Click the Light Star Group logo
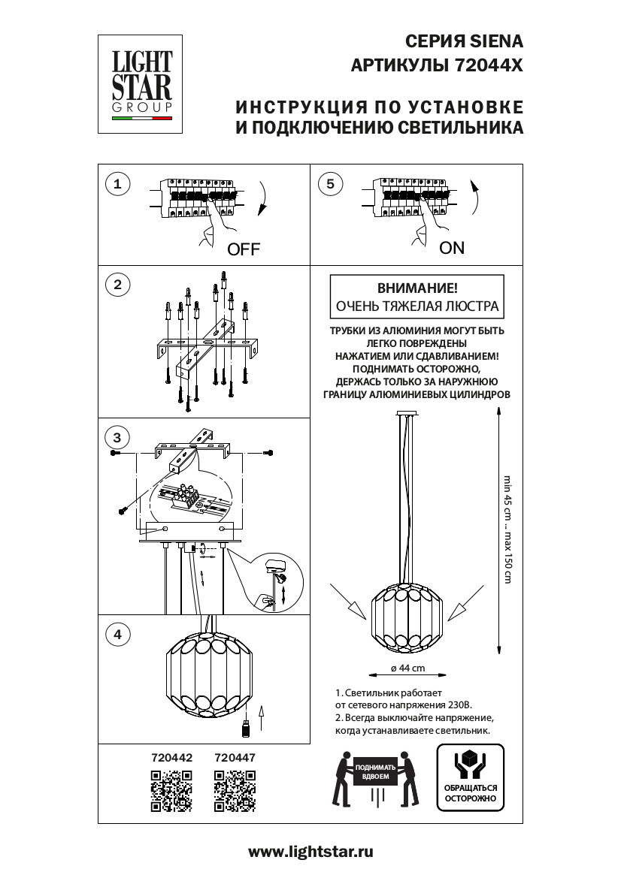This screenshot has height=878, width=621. coord(143,85)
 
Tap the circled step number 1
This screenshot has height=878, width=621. coord(117,184)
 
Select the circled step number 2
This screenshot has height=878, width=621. coord(117,285)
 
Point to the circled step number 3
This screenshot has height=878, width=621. coord(117,437)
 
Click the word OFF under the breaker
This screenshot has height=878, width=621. coord(243,250)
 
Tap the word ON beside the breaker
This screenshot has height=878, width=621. coord(452,248)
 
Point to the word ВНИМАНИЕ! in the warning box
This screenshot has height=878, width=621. coord(416,288)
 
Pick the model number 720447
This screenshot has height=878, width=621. coord(235,759)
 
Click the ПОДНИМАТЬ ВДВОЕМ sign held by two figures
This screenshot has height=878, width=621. coord(377,771)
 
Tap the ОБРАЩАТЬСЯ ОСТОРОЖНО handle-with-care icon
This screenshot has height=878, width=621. coord(470,777)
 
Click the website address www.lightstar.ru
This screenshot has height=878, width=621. coord(310,852)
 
